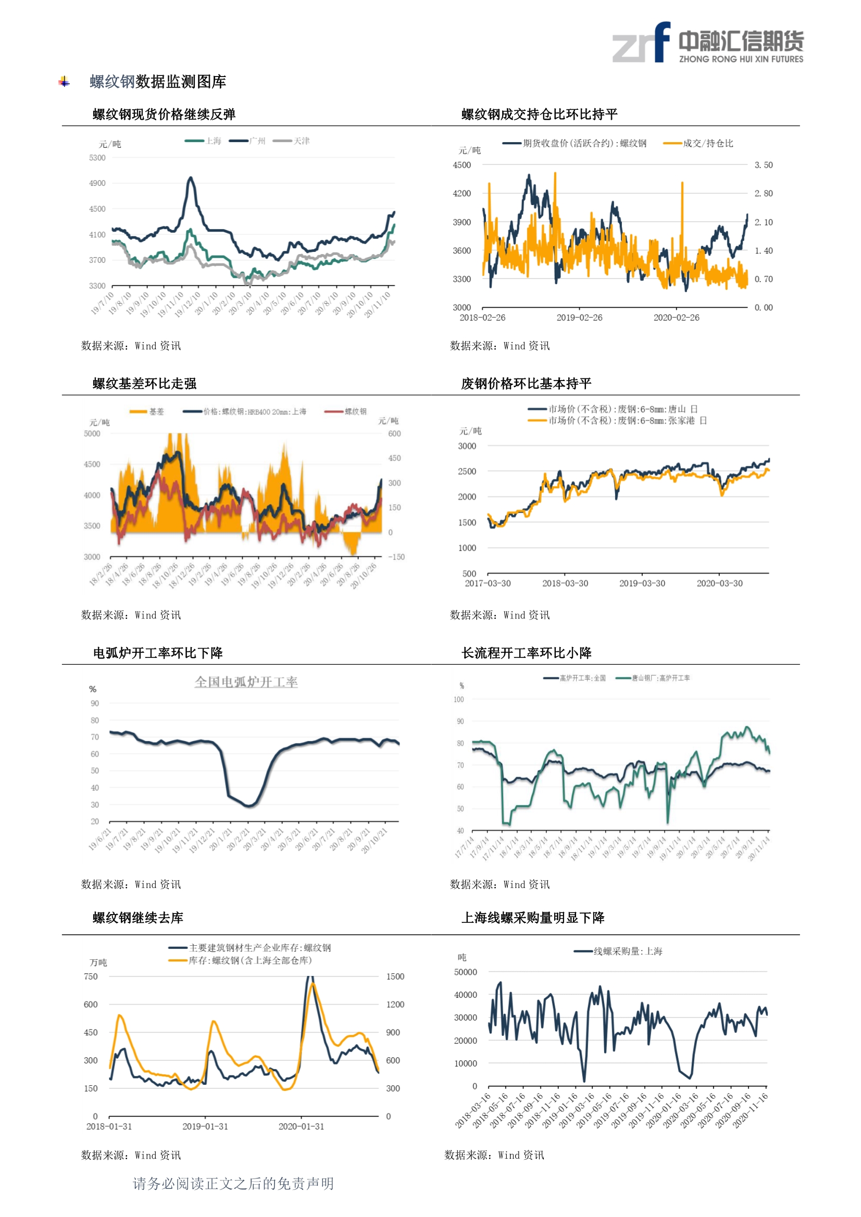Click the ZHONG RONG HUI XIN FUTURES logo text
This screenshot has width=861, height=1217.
click(741, 59)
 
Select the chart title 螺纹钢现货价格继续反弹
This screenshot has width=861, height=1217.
click(164, 115)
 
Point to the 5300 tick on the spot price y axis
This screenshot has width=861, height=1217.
click(97, 158)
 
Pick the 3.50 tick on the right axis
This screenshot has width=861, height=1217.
click(764, 166)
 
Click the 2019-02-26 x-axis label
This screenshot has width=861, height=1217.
click(579, 318)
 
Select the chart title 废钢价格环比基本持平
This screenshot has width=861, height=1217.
click(526, 384)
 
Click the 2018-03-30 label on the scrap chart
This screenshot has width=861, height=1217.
click(565, 584)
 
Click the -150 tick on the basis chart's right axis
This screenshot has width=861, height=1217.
click(396, 557)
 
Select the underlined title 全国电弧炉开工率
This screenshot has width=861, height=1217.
click(246, 682)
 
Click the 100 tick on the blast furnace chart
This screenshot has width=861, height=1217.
click(458, 700)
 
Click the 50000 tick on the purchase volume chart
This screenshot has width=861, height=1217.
click(465, 972)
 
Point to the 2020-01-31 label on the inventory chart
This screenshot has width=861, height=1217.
click(301, 1126)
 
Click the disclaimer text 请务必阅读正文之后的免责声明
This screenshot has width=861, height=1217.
click(233, 1184)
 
